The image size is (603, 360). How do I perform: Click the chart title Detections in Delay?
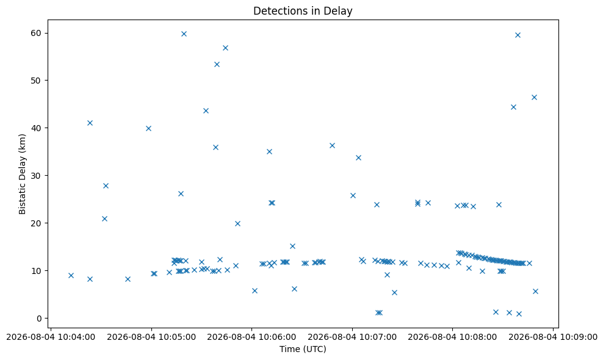(303, 11)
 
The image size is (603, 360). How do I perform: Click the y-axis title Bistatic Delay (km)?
(23, 175)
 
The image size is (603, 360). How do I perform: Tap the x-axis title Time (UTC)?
(303, 349)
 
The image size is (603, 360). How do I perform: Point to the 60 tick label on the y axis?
(37, 33)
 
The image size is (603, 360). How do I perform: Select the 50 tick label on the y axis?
(37, 81)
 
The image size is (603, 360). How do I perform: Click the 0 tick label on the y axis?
(39, 319)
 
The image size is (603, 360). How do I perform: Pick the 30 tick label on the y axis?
(37, 175)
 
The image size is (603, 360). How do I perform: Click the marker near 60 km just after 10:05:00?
(184, 34)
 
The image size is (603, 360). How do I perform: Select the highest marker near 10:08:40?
(518, 35)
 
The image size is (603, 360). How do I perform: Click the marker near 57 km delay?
(225, 48)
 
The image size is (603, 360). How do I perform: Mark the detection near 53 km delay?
(217, 64)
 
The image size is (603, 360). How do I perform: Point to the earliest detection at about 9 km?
(71, 275)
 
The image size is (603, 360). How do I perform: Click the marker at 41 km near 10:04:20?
(90, 123)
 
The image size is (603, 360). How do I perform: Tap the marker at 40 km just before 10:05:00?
(148, 129)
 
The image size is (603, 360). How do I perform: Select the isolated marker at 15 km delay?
(292, 246)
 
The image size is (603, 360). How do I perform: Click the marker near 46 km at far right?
(534, 97)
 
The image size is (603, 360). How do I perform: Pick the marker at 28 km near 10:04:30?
(106, 185)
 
